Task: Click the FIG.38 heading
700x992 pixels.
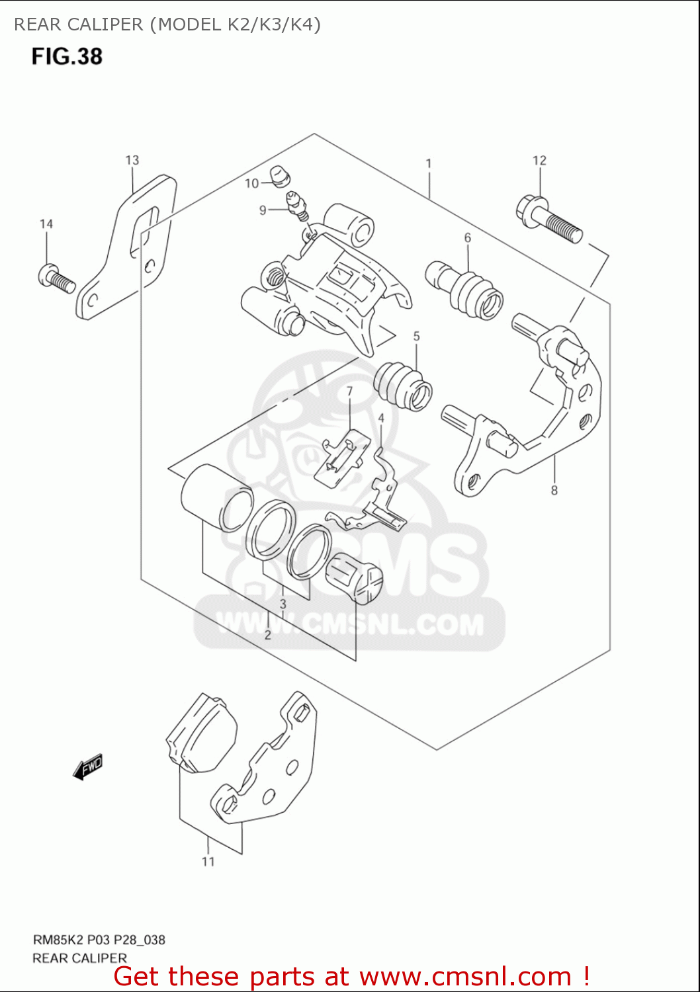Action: [x=67, y=56]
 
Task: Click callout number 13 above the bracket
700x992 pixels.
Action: [x=132, y=160]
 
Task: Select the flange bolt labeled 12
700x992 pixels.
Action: [x=548, y=219]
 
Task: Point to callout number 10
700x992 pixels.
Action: [x=251, y=183]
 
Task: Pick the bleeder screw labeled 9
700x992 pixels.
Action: [x=296, y=204]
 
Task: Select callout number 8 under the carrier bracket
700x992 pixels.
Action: [x=554, y=490]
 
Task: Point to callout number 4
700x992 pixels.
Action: [x=381, y=418]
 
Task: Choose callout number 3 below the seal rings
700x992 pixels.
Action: [x=283, y=604]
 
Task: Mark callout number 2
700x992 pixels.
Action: [x=268, y=635]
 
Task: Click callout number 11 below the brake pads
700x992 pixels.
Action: [x=208, y=861]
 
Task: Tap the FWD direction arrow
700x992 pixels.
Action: [x=88, y=767]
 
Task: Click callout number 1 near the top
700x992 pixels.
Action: [x=429, y=163]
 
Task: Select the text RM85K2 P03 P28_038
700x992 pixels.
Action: [x=99, y=940]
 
